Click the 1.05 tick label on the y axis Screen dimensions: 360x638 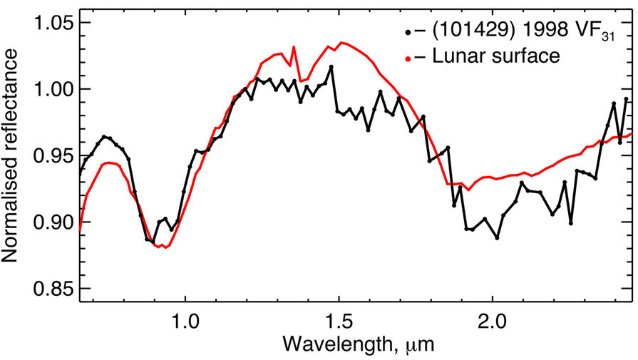pyautogui.click(x=45, y=23)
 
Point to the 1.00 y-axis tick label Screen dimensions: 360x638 pyautogui.click(x=45, y=89)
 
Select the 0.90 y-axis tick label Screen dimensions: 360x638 pyautogui.click(x=45, y=222)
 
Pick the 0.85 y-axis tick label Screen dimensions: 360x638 pyautogui.click(x=45, y=289)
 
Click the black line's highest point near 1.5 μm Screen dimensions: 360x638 pyautogui.click(x=331, y=66)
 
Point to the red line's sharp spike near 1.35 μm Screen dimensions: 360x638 pyautogui.click(x=294, y=48)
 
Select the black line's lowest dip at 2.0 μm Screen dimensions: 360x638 pyautogui.click(x=497, y=237)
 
